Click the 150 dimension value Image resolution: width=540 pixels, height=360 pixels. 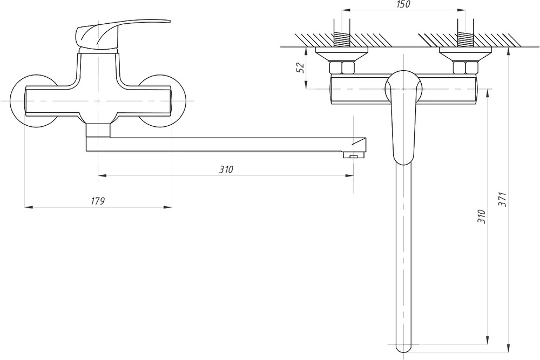[403, 4]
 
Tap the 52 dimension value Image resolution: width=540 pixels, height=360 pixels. [301, 67]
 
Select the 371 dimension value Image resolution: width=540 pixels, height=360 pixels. [503, 199]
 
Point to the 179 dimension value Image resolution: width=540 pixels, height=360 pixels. [97, 201]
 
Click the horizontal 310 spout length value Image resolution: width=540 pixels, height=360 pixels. [226, 169]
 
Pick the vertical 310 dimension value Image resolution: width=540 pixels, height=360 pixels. [482, 216]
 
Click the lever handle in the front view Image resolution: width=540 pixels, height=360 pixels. [123, 33]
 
